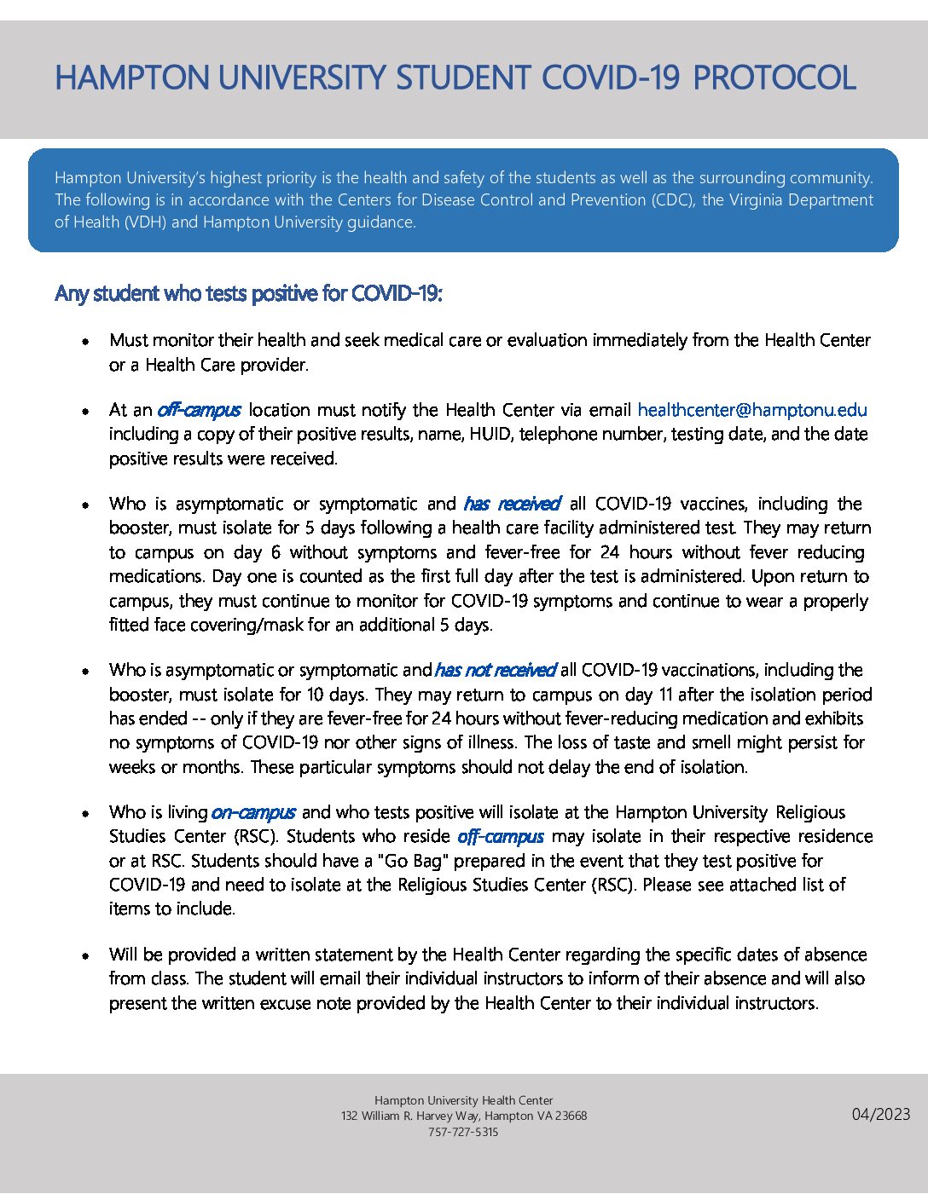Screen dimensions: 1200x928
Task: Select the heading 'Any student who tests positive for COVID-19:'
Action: pyautogui.click(x=248, y=293)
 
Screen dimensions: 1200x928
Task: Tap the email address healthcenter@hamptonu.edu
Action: pyautogui.click(x=752, y=410)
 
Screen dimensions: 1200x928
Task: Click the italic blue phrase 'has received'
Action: pyautogui.click(x=512, y=504)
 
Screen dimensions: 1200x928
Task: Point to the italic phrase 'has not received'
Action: pyautogui.click(x=495, y=670)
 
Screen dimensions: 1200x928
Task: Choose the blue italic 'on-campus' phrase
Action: pyautogui.click(x=253, y=812)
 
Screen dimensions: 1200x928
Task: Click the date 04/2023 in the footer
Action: pyautogui.click(x=881, y=1114)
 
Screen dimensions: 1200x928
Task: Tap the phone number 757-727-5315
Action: pyautogui.click(x=463, y=1132)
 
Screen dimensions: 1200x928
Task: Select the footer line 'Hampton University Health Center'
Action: pyautogui.click(x=463, y=1100)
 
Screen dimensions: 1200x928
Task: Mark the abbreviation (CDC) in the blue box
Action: pyautogui.click(x=674, y=200)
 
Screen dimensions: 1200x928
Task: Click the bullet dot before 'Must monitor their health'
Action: pyautogui.click(x=86, y=341)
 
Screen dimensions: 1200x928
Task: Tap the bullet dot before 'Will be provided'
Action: pyautogui.click(x=86, y=955)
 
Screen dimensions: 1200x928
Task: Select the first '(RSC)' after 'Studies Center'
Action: pyautogui.click(x=258, y=836)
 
